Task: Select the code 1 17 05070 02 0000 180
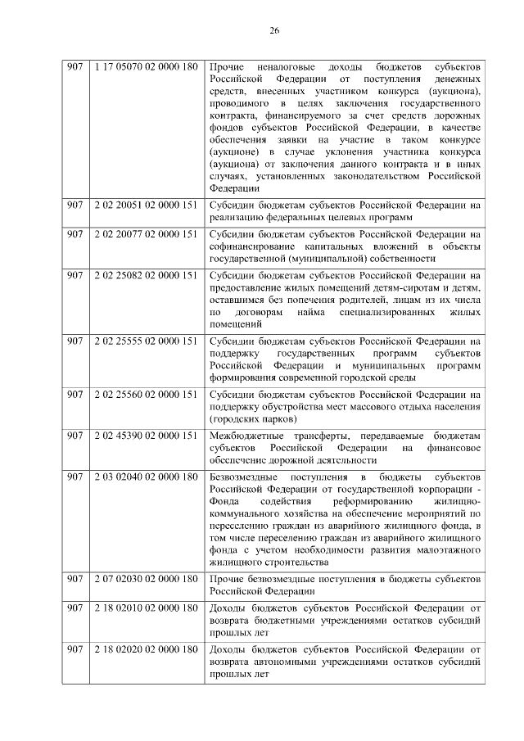(146, 66)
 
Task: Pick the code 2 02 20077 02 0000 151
(146, 233)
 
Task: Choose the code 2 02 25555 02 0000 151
(146, 341)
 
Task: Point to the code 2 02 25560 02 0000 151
(146, 395)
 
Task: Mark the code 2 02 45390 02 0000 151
(146, 435)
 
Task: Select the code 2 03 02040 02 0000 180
(146, 476)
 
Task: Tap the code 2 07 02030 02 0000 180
(146, 579)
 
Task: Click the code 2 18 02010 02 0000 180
(146, 608)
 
